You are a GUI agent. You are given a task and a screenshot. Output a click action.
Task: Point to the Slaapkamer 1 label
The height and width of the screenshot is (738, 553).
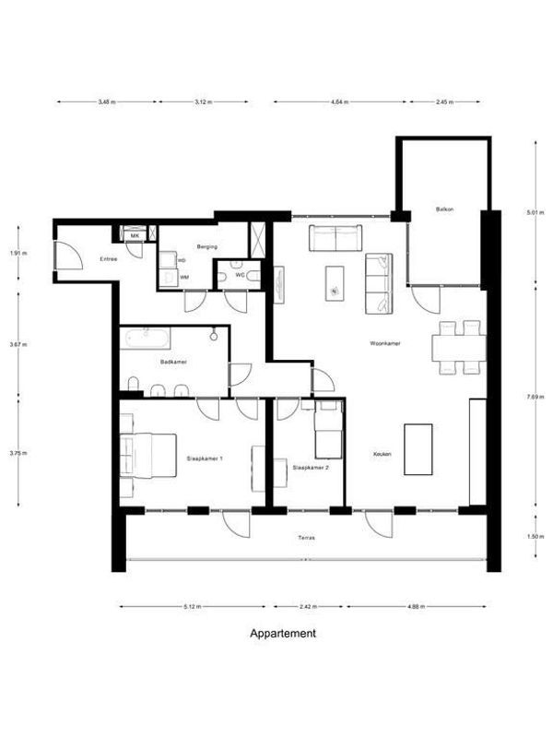click(205, 458)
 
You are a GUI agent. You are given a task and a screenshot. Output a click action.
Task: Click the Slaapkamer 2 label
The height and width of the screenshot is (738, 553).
click(311, 468)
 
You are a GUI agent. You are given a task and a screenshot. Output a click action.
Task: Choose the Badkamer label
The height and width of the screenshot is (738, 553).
click(173, 363)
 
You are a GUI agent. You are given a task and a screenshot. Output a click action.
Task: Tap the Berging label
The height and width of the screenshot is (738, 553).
click(206, 247)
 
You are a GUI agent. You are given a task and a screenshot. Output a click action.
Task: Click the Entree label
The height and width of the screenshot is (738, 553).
click(108, 259)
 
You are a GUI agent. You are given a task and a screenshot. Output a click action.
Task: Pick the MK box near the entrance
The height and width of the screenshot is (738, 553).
click(135, 236)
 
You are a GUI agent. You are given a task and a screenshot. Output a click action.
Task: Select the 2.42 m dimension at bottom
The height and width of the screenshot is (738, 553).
click(308, 607)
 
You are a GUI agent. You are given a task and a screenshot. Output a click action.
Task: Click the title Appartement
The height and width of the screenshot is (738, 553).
click(283, 634)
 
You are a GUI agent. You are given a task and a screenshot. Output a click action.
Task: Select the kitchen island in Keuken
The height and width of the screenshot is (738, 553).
click(418, 449)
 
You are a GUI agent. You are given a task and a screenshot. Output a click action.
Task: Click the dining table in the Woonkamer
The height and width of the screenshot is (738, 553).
click(458, 347)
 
